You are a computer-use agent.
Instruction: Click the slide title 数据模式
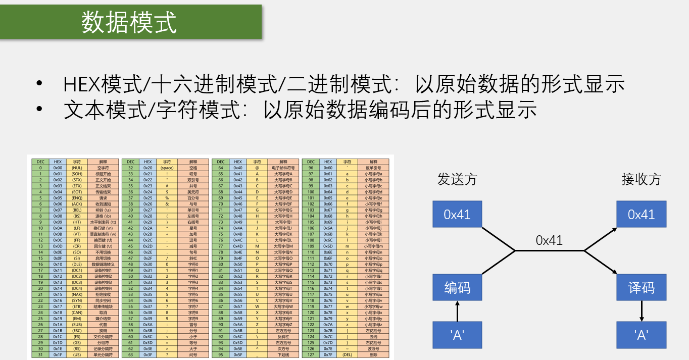129,22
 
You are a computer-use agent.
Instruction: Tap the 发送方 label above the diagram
457,179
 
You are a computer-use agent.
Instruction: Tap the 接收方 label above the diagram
641,179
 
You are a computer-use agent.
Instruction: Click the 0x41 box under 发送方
457,214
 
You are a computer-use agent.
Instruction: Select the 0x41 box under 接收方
641,214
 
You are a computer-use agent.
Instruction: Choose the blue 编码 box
457,288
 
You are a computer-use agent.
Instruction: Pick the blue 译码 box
641,288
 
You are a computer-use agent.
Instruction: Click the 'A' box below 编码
457,335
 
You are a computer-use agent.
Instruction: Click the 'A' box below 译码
641,335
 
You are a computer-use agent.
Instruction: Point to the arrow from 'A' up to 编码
457,311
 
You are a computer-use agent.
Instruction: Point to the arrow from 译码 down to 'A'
641,311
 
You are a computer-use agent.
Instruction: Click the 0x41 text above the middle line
549,240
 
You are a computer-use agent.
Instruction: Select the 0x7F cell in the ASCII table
328,354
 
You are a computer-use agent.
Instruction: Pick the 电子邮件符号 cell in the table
283,168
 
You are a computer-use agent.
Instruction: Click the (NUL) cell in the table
77,168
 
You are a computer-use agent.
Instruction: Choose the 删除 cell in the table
373,354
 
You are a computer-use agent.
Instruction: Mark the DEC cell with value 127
311,354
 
